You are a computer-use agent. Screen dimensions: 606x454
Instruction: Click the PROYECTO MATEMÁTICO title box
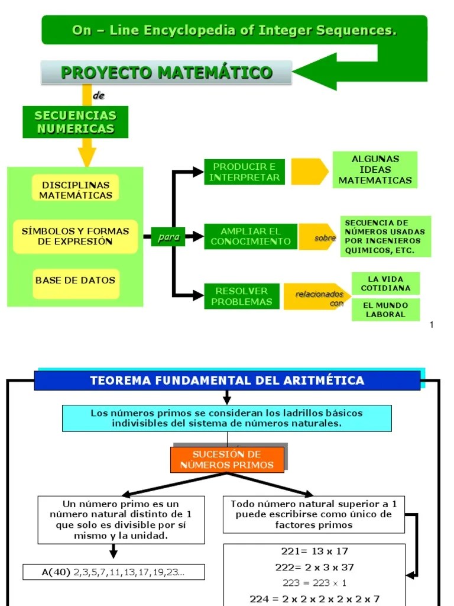[x=166, y=73]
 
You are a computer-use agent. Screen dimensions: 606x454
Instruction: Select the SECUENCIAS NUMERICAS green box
[x=75, y=122]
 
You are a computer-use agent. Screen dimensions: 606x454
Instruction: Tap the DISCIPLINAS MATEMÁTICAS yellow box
[x=76, y=190]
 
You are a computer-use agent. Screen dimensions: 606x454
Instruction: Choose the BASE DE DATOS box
[x=75, y=281]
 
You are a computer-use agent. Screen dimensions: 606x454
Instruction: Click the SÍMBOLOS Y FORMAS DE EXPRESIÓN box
[x=75, y=236]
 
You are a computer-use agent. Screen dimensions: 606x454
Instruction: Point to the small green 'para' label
[x=168, y=237]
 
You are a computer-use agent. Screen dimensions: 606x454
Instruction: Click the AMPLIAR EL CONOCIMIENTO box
[x=251, y=236]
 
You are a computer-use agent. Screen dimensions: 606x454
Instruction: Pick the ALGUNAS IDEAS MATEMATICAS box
[x=375, y=170]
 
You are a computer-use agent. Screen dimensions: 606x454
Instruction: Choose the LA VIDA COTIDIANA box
[x=385, y=283]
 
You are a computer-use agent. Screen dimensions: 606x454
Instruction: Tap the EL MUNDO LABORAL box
[x=385, y=310]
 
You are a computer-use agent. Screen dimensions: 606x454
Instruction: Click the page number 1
[x=432, y=324]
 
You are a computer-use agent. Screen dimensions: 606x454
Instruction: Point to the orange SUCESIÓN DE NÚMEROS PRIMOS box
[x=228, y=459]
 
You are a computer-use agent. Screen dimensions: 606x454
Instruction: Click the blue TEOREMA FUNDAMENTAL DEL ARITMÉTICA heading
[x=227, y=381]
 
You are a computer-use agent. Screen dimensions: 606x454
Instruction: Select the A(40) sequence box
[x=113, y=572]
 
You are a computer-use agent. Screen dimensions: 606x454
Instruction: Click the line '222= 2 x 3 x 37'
[x=314, y=567]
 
